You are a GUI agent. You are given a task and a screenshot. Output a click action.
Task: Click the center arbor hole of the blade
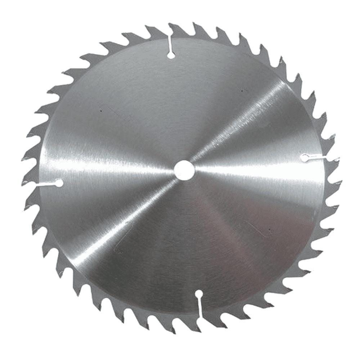[184, 169]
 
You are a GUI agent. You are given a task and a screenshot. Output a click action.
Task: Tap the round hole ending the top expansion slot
[171, 55]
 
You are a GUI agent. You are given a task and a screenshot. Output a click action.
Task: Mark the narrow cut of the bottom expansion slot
[199, 306]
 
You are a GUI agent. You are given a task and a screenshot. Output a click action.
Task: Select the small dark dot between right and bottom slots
[269, 229]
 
